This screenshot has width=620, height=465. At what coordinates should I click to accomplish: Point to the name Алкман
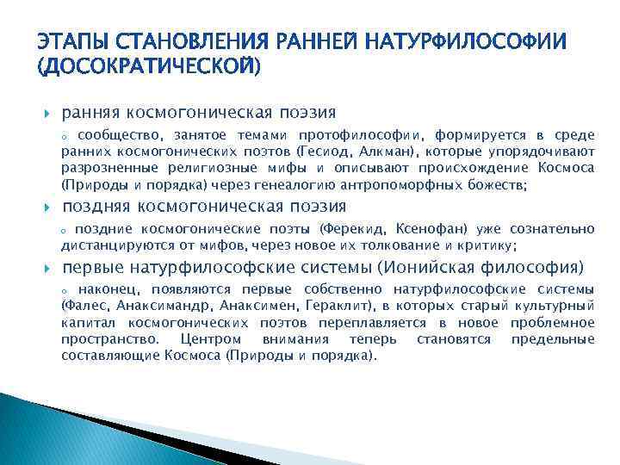pyautogui.click(x=377, y=152)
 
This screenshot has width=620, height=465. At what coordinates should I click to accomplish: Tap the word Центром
pyautogui.click(x=203, y=339)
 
